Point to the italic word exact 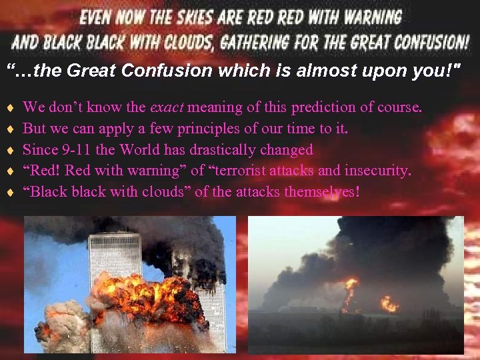pyautogui.click(x=167, y=107)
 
